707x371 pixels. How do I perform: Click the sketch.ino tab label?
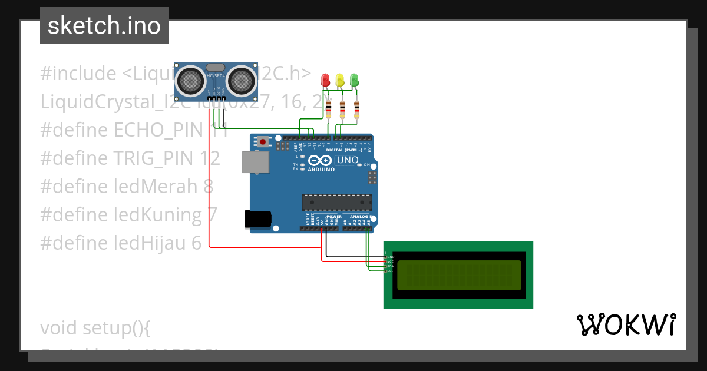[104, 26]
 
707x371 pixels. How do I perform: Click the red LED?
[325, 79]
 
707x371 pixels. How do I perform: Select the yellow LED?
[339, 79]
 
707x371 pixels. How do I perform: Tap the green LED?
[354, 79]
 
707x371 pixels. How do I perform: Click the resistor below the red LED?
[328, 108]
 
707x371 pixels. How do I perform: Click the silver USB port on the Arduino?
[255, 162]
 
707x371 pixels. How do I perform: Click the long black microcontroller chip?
[337, 202]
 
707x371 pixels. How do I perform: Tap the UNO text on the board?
[347, 160]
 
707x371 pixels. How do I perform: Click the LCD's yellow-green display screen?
[459, 275]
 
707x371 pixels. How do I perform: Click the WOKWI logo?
[626, 324]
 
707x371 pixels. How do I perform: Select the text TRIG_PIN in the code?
[156, 158]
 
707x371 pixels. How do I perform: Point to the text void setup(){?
[95, 327]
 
